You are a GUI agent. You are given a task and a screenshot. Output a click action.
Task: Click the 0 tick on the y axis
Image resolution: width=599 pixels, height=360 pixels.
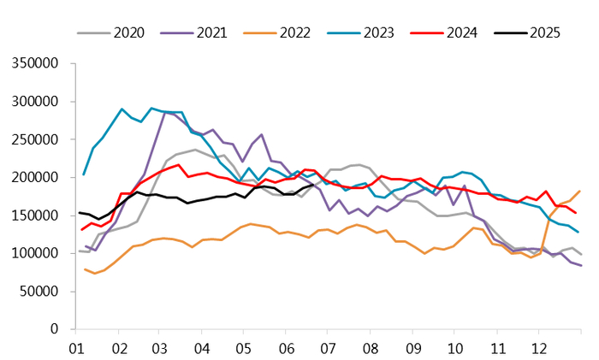tap(52, 329)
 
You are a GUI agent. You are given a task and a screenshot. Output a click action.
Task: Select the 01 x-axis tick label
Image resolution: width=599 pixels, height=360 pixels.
tap(75, 349)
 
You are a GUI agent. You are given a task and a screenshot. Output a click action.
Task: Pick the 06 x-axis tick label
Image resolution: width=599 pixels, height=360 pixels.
tap(286, 349)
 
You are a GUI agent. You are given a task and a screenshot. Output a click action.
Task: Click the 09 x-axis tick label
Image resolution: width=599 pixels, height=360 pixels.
tap(412, 349)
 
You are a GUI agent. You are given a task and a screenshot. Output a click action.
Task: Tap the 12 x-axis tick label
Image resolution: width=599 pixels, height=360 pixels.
tap(539, 349)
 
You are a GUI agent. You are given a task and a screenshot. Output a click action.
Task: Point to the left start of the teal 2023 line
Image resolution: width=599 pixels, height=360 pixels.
tap(83, 175)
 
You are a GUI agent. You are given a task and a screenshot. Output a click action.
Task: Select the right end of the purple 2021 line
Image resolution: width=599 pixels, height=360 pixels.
tap(580, 265)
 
